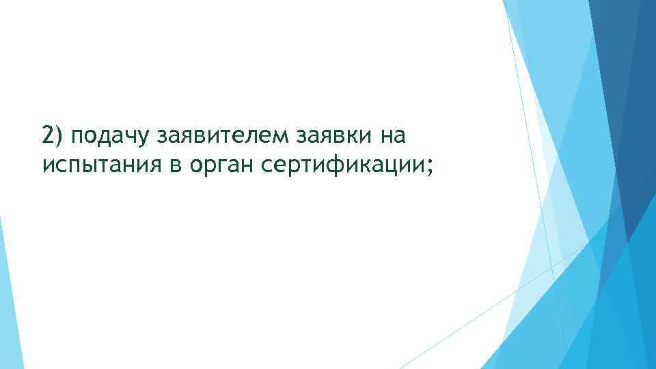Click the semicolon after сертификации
(x=429, y=168)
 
